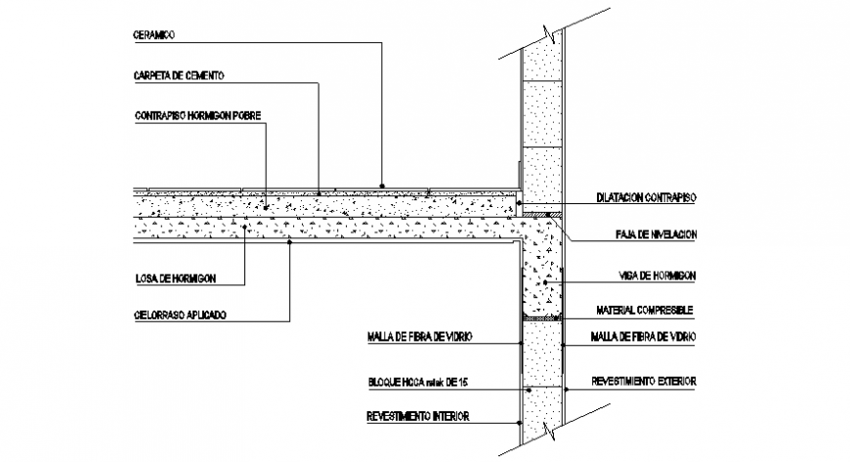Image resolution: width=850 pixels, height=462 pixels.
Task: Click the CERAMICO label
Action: [x=153, y=35]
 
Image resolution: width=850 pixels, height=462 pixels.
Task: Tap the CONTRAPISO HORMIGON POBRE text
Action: [x=198, y=115]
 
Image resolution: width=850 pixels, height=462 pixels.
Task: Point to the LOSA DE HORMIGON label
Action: [x=176, y=278]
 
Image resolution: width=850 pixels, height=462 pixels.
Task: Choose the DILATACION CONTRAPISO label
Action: [x=645, y=197]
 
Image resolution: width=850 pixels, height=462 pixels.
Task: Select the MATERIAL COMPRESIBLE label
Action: [x=645, y=310]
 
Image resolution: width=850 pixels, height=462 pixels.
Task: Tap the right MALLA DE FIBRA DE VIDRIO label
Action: [x=644, y=337]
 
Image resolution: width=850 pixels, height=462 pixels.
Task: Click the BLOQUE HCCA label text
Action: [x=426, y=382]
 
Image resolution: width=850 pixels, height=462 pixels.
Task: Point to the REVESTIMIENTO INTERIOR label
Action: [x=419, y=416]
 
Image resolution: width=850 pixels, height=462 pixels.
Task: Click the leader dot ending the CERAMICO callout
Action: [x=383, y=185]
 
